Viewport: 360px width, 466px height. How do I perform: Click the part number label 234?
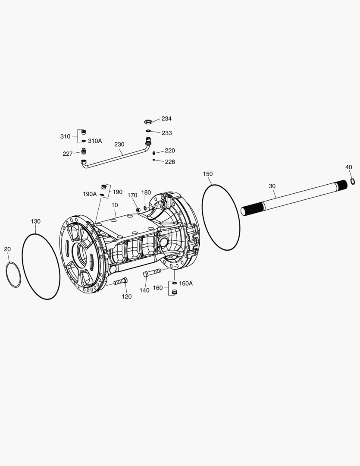tap(166, 119)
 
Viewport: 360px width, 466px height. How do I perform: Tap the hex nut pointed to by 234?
tap(147, 123)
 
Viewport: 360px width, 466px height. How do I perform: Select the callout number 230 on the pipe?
tap(119, 145)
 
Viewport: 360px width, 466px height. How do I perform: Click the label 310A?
tap(95, 141)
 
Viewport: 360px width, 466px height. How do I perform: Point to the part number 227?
tap(68, 154)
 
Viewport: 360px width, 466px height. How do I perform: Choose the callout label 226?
tap(170, 162)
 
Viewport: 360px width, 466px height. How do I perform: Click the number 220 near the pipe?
tap(170, 151)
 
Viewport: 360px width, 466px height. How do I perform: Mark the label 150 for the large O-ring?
tap(208, 174)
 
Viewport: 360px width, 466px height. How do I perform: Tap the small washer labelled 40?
tap(352, 181)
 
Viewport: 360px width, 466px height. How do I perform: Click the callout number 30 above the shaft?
tap(272, 186)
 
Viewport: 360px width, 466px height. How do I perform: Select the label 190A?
tap(90, 194)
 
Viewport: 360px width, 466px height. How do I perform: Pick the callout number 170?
tap(132, 195)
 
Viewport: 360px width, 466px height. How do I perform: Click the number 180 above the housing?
tap(146, 192)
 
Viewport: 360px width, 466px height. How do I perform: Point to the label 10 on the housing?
tap(115, 205)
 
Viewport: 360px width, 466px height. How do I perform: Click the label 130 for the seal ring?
tap(35, 221)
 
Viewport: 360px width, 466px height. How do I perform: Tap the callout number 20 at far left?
tap(7, 249)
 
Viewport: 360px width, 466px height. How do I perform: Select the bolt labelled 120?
tap(120, 282)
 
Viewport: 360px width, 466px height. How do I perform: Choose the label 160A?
tap(186, 283)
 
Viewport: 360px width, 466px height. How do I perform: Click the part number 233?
tap(166, 133)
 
